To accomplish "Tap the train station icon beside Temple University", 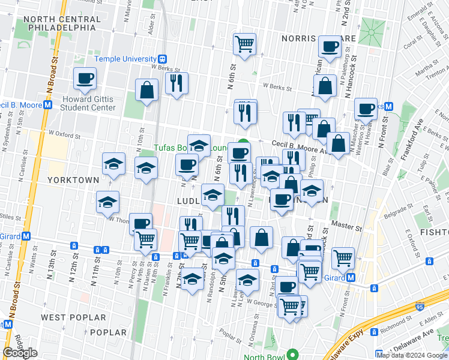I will click(162, 59).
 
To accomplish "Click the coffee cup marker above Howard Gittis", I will click(85, 79).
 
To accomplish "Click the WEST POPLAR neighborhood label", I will click(67, 316).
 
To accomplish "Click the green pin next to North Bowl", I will click(293, 355).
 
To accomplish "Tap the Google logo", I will click(20, 353).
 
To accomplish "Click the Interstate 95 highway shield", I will click(419, 307).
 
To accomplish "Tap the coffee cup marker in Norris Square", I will click(330, 47).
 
